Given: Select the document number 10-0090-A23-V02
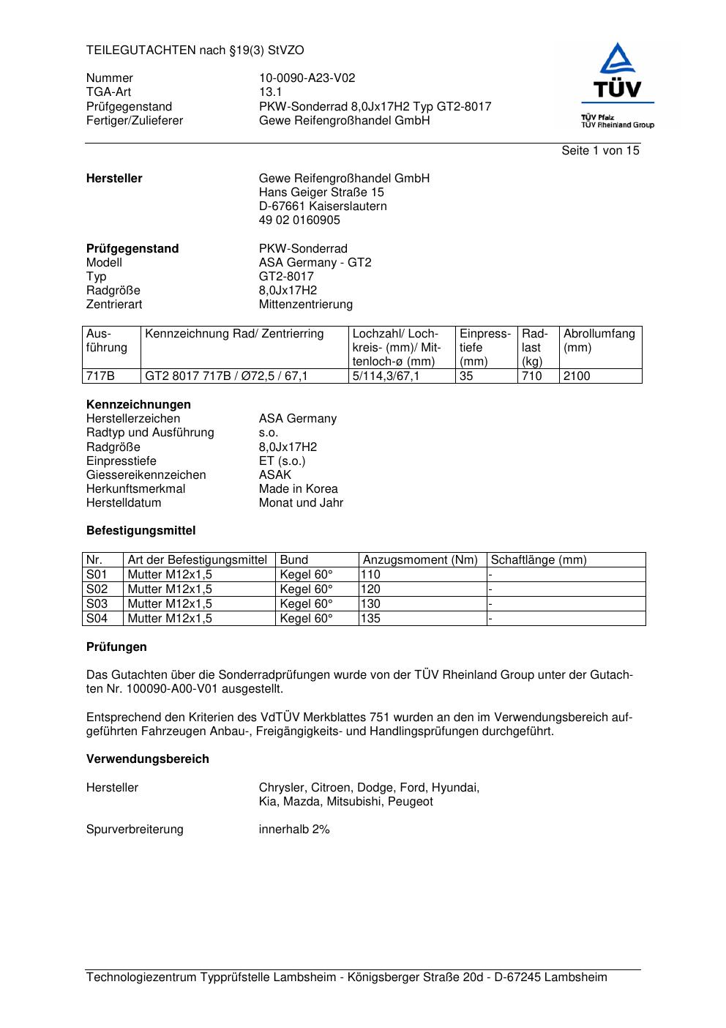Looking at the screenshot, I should coord(307,78).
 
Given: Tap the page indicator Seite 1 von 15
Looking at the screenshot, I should coord(600,151).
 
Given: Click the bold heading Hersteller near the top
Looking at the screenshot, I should coord(114,179).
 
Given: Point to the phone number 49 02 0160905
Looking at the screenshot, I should coord(299,220).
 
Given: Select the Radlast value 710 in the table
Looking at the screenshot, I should coord(531,376).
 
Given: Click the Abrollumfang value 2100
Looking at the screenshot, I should coord(577,376).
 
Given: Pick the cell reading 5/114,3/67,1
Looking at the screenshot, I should coord(386,376).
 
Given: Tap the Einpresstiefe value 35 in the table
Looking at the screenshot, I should coord(467,376).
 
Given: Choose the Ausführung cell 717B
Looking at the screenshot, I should coord(101,376).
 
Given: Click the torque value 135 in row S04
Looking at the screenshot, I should coord(371,619).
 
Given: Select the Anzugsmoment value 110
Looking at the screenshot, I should coord(371,575).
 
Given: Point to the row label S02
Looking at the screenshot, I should coord(97,589).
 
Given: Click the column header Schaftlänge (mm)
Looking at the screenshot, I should coord(539,560).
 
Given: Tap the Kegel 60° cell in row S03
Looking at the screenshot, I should coord(306,604).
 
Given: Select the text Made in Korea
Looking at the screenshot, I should coord(298,489).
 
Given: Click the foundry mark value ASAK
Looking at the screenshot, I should coord(275,475).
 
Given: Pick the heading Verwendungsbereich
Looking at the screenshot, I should coord(148,759).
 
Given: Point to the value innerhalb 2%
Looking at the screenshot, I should coord(294,830).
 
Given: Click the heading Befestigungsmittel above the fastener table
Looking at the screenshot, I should coord(141,531).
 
